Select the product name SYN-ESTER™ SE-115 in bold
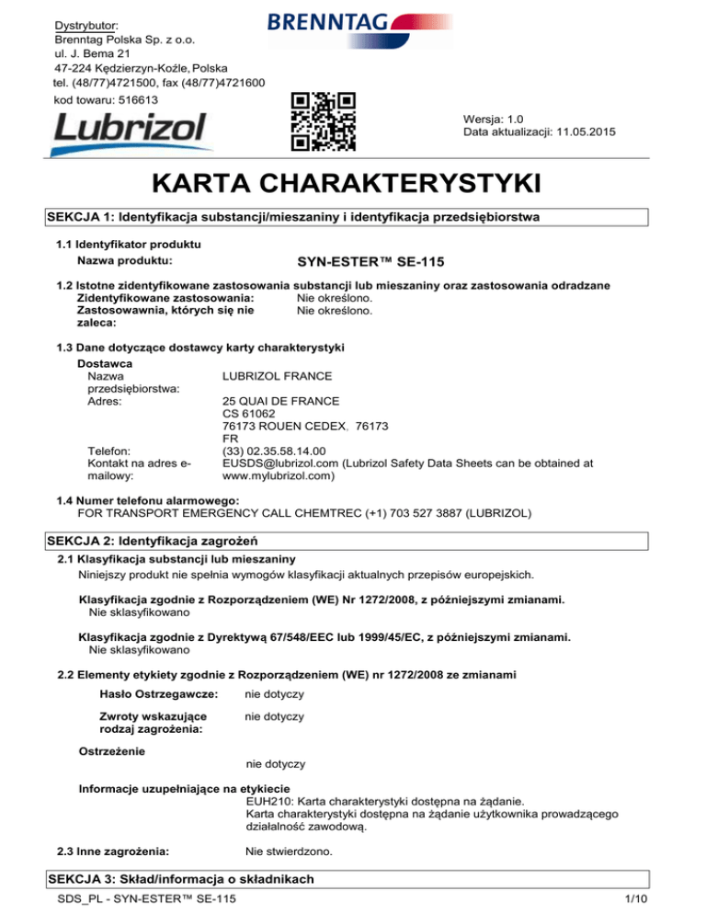pyautogui.click(x=370, y=261)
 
